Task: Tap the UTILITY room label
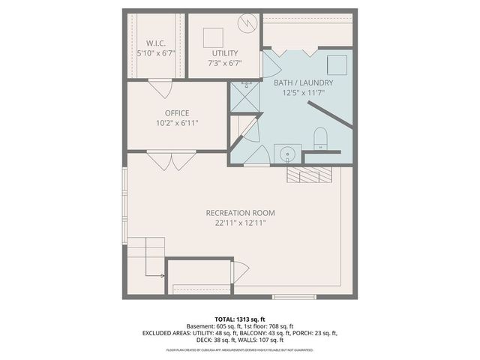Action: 224,53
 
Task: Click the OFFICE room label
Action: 177,113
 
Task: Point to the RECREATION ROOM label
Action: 236,213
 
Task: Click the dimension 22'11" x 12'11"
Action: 236,223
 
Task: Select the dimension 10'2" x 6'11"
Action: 177,123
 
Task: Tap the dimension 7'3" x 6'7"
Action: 224,63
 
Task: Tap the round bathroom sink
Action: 286,155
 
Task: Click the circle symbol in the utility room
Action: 247,23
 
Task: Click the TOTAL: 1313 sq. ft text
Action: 240,319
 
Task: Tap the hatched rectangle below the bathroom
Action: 309,175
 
